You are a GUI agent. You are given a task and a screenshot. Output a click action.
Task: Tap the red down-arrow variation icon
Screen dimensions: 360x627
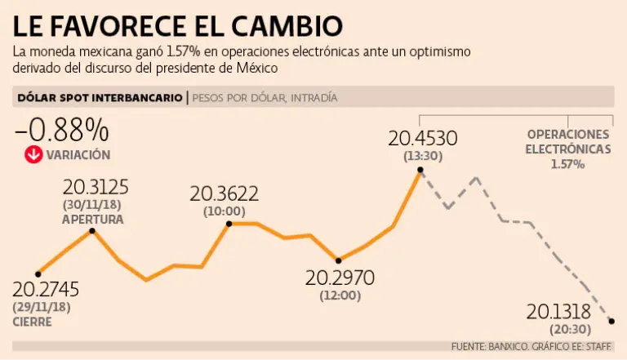click(x=33, y=154)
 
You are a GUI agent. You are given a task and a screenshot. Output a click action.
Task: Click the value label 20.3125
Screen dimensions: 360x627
click(x=91, y=187)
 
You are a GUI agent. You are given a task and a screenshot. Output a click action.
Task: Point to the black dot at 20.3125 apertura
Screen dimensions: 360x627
click(x=92, y=231)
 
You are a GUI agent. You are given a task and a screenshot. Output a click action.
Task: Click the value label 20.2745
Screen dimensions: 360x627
click(x=46, y=290)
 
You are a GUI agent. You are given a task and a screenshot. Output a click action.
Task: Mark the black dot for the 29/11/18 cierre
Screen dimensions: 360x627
click(x=38, y=273)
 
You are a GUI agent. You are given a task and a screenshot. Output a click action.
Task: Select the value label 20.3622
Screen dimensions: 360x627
click(x=224, y=194)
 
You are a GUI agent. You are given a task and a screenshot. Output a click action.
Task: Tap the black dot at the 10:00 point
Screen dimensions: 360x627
click(x=229, y=223)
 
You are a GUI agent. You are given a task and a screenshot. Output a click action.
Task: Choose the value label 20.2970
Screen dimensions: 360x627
click(x=340, y=278)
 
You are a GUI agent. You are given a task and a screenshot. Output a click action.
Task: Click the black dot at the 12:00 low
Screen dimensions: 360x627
click(x=339, y=260)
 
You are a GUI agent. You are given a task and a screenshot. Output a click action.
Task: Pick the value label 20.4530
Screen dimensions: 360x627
click(x=423, y=136)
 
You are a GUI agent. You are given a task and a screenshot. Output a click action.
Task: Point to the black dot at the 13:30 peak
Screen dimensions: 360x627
click(x=420, y=170)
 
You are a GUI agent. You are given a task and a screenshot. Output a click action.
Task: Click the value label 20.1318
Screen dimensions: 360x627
click(x=561, y=312)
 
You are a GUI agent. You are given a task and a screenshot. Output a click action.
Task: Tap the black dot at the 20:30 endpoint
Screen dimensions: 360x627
click(x=611, y=321)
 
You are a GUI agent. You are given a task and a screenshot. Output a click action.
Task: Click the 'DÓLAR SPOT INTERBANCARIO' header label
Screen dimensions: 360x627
click(x=100, y=98)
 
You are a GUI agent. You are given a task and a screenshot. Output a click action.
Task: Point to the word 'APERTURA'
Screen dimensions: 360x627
click(x=92, y=220)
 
